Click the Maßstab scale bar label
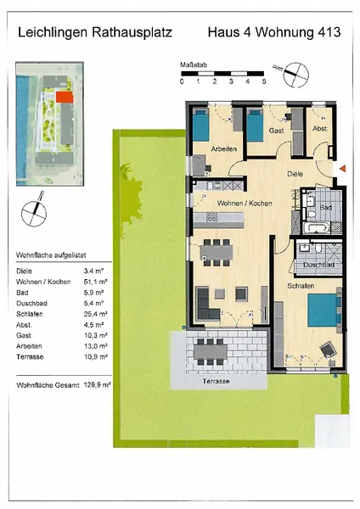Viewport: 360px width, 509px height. pyautogui.click(x=192, y=64)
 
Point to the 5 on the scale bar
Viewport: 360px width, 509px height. pyautogui.click(x=264, y=81)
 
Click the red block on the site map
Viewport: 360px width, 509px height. pyautogui.click(x=65, y=98)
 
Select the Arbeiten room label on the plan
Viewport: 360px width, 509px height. pyautogui.click(x=224, y=149)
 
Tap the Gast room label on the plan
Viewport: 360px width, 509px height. pyautogui.click(x=276, y=132)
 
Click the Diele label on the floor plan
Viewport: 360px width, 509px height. pyautogui.click(x=295, y=173)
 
